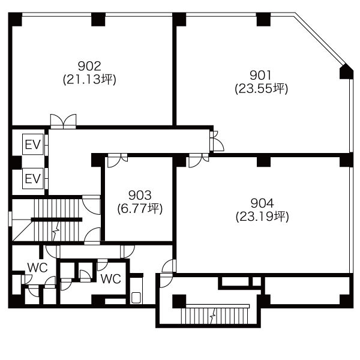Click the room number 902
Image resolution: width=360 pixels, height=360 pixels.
coord(89,66)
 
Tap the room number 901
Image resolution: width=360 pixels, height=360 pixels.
coord(261,75)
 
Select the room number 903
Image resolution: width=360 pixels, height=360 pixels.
coord(140,196)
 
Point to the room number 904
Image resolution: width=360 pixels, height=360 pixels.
coord(262,203)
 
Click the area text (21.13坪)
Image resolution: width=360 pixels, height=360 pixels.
coord(89,80)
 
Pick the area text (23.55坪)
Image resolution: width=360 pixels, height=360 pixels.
coord(261,89)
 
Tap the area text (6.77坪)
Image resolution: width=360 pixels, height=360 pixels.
coord(140,209)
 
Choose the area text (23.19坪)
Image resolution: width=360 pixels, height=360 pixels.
coord(262,217)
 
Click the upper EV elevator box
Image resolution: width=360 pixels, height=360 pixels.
coord(33,144)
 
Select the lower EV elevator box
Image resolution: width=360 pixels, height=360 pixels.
coord(33,178)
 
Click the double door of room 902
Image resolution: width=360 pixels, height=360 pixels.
coord(63,121)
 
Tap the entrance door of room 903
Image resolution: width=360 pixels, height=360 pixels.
coord(118,160)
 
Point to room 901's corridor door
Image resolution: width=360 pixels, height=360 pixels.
coord(217,141)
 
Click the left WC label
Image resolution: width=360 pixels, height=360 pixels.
coord(37,268)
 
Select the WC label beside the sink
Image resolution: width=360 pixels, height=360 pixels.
coord(111,279)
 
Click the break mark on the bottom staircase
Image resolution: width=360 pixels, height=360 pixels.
coord(213,316)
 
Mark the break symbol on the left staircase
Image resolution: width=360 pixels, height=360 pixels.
coord(56,231)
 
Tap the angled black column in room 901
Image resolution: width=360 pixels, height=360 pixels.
coord(346,71)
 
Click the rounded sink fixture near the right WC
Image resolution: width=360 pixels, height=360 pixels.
coord(136,298)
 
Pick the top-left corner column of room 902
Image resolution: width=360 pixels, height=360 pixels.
coord(15,20)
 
